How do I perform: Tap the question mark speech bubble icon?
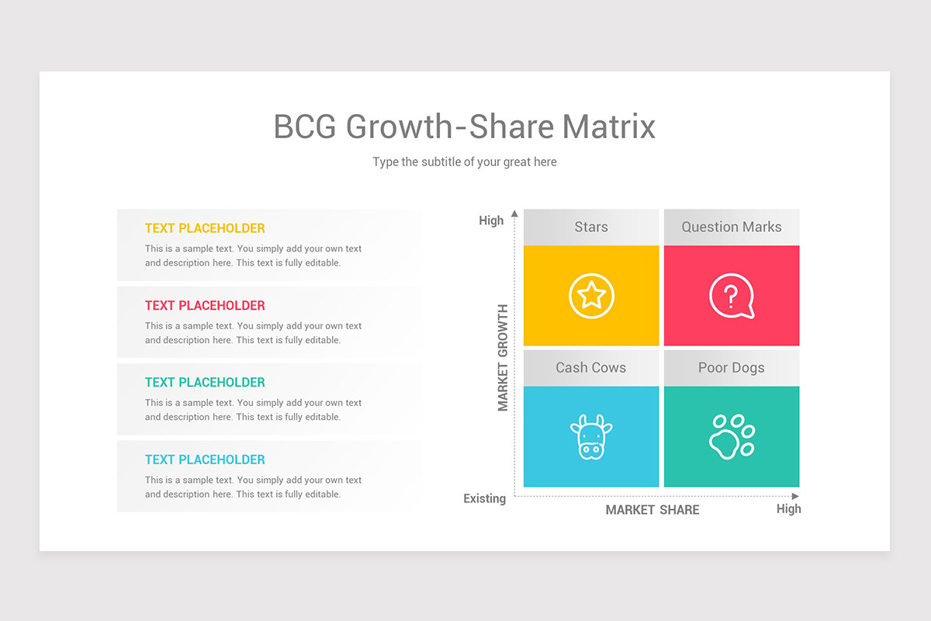(x=731, y=296)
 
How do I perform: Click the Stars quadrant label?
(x=591, y=227)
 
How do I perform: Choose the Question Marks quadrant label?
(x=732, y=227)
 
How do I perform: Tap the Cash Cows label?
(x=590, y=367)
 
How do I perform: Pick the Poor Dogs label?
(x=731, y=368)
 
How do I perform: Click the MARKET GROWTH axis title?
(x=503, y=358)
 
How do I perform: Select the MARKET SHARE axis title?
(x=652, y=509)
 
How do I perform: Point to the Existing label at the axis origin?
(x=485, y=498)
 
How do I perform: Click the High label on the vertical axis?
(x=491, y=220)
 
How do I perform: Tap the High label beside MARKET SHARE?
(x=788, y=508)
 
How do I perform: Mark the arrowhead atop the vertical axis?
(x=514, y=213)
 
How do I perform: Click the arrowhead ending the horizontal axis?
(x=795, y=496)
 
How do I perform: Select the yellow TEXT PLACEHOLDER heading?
(x=205, y=228)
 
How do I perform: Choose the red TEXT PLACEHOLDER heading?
(x=205, y=306)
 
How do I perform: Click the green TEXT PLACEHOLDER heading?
(x=205, y=383)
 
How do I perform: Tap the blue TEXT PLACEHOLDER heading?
(x=205, y=460)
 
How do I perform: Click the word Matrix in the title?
(x=609, y=127)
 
